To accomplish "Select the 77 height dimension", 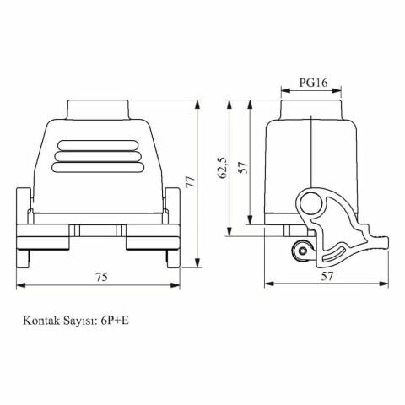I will pyautogui.click(x=191, y=184).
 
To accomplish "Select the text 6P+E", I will pyautogui.click(x=116, y=321).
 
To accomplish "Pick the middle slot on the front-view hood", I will pyautogui.click(x=99, y=156).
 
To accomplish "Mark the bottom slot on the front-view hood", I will pyautogui.click(x=99, y=166).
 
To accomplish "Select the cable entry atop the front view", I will pyautogui.click(x=99, y=111).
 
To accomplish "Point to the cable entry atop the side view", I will pyautogui.click(x=311, y=111).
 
